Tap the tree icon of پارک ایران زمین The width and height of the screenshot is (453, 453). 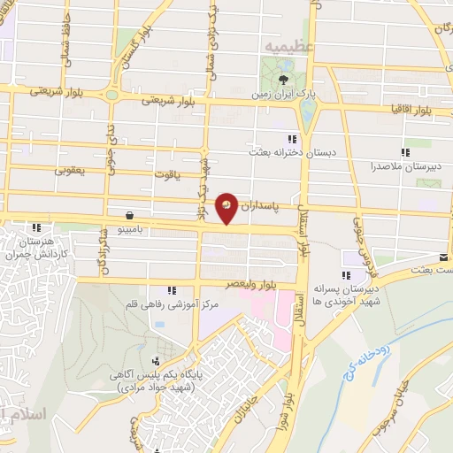[x=282, y=80]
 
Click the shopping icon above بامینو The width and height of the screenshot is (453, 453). [x=131, y=215]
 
